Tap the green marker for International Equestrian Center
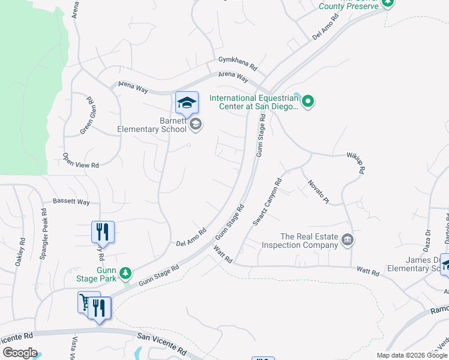[308, 101]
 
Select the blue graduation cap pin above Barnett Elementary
[187, 103]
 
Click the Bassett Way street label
[71, 202]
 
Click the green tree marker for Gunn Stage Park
[125, 274]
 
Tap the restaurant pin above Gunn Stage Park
[103, 232]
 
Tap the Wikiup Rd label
[355, 163]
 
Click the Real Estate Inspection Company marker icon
[347, 241]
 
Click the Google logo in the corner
[19, 353]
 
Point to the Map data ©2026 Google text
[411, 355]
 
